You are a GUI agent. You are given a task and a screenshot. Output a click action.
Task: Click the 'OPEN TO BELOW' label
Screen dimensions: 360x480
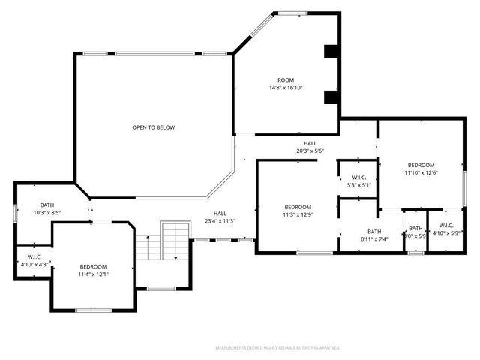(x=153, y=127)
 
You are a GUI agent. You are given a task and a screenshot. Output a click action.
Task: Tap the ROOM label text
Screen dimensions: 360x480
(x=286, y=80)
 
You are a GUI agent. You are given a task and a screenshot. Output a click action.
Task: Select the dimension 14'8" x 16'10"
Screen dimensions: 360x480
(x=286, y=88)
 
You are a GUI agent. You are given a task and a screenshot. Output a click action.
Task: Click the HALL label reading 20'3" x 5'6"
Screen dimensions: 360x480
(x=310, y=143)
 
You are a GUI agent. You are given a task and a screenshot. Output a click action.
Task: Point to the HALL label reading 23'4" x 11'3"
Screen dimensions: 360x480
(x=220, y=214)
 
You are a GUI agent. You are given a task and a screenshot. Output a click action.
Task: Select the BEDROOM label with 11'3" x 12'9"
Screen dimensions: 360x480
(x=298, y=208)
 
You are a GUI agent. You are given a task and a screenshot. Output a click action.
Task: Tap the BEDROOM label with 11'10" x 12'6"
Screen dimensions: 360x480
(x=421, y=165)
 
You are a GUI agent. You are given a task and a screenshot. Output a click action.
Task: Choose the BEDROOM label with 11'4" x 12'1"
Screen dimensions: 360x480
(x=94, y=267)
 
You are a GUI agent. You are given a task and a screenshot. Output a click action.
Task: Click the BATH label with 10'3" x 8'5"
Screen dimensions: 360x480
(x=47, y=205)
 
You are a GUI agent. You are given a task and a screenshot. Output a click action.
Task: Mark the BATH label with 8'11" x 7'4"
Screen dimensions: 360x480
(x=374, y=232)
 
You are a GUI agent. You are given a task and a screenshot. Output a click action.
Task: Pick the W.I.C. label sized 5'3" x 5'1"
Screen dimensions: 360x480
(x=358, y=178)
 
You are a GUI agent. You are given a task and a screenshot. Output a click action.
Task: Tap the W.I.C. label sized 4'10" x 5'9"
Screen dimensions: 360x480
(x=445, y=226)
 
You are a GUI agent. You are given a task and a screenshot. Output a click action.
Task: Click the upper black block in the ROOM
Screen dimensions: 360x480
(x=331, y=52)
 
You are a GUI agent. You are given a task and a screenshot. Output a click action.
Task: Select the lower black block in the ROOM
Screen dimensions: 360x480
(x=331, y=97)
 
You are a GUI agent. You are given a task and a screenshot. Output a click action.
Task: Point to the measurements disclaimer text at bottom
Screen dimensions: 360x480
(x=277, y=348)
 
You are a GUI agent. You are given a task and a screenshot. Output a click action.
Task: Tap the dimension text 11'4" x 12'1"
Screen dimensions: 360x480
(x=94, y=274)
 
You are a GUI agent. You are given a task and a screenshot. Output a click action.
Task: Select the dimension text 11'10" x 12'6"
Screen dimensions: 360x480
(x=421, y=172)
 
